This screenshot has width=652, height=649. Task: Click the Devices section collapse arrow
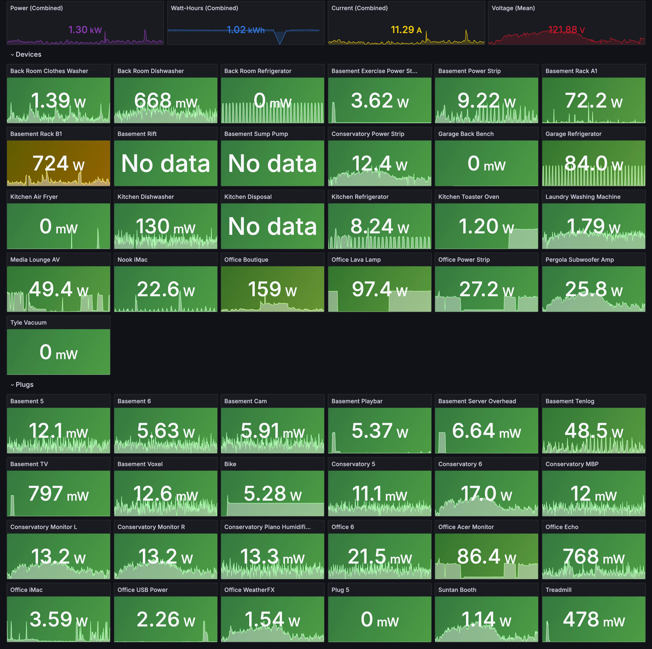point(12,55)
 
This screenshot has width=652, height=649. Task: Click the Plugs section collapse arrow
point(12,385)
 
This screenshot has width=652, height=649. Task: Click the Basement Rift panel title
point(137,134)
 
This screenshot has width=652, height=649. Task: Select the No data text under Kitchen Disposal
point(272,226)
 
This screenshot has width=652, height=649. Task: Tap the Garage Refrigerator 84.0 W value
point(593,164)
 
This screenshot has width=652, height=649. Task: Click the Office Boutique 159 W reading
point(272,289)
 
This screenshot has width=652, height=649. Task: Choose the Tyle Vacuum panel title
point(28,323)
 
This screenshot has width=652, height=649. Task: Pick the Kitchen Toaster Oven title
point(468,197)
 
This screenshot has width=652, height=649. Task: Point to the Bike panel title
point(230,464)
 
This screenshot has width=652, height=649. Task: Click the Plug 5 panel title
point(340,590)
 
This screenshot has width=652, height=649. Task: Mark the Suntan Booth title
point(457,590)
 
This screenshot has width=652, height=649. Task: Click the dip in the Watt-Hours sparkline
point(280,41)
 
